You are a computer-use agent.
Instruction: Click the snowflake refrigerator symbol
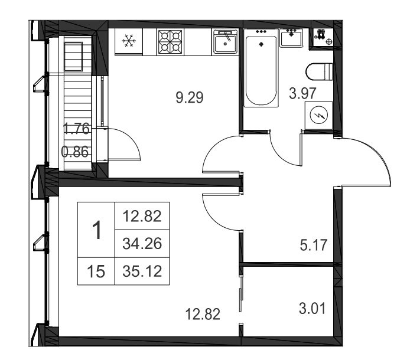pos(129,41)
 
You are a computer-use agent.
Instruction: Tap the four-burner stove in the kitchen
pos(170,42)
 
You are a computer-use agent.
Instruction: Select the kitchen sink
pos(226,41)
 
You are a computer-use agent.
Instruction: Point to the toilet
pos(319,72)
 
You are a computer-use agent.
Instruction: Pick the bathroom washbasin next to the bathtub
pos(291,38)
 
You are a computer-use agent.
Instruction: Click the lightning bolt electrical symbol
pos(318,115)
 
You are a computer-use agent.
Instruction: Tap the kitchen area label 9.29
pos(189,98)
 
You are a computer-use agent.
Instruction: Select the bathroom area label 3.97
pos(302,93)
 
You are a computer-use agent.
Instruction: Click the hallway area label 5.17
pos(313,246)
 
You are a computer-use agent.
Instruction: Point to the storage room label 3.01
pos(312,309)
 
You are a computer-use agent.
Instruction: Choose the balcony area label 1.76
pos(77,129)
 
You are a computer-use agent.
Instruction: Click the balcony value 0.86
pos(75,152)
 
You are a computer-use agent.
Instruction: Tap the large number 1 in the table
pos(97,230)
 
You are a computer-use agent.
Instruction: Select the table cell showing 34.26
pos(142,244)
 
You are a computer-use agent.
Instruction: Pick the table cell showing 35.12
pos(142,271)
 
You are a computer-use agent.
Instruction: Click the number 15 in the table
pos(96,271)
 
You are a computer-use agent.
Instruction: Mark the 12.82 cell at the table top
pos(142,217)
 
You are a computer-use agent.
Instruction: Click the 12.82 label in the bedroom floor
pos(203,314)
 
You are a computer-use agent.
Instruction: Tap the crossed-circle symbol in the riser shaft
pos(329,41)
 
